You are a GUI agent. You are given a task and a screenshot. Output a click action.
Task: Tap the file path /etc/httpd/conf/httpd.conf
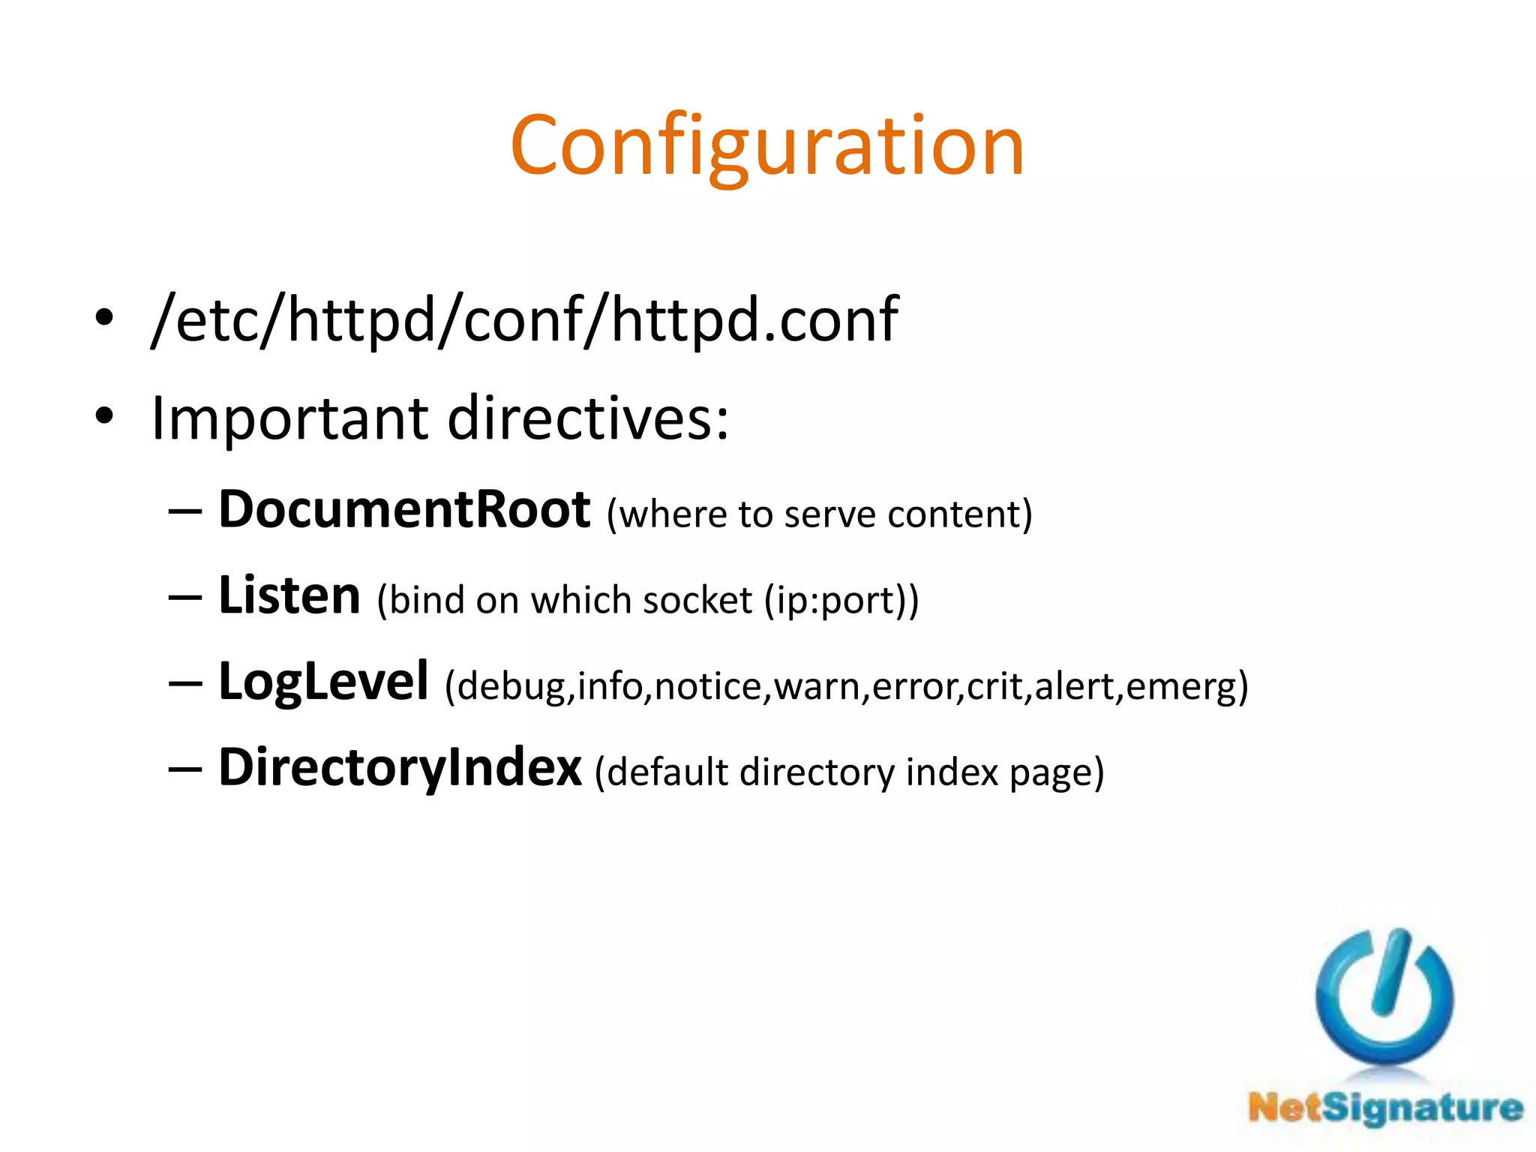(x=524, y=319)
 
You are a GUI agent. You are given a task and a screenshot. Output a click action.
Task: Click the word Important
(x=289, y=418)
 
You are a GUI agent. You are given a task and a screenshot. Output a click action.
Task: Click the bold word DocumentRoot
(x=403, y=510)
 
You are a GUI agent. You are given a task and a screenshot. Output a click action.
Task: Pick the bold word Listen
(x=289, y=595)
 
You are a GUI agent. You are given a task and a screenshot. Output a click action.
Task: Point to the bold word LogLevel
(x=323, y=682)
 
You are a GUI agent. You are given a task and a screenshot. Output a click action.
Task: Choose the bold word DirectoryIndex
(x=400, y=768)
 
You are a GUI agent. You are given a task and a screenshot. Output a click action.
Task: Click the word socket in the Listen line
(x=697, y=600)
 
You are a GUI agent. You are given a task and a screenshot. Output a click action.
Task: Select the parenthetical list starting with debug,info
(x=846, y=686)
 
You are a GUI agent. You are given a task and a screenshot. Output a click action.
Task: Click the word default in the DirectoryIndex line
(x=667, y=772)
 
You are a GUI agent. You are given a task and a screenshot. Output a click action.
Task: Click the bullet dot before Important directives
(x=104, y=415)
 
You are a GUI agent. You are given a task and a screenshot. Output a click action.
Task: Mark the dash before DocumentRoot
(x=185, y=511)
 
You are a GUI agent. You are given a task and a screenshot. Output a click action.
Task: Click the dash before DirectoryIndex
(x=185, y=769)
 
